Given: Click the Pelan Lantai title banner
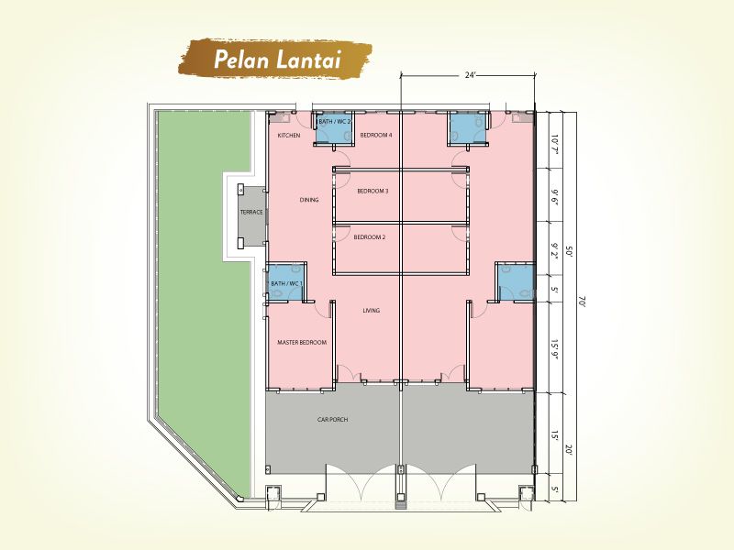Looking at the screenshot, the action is click(x=275, y=59).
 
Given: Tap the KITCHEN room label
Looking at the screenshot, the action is click(x=289, y=136).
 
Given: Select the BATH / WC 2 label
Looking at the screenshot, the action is click(x=334, y=122).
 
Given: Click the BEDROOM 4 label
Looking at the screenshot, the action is click(x=376, y=135).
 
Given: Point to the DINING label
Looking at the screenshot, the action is click(x=309, y=200).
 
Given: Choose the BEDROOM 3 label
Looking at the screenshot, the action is click(x=373, y=191).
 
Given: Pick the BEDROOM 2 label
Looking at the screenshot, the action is click(x=370, y=237).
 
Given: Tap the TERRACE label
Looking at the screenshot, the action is click(x=251, y=213).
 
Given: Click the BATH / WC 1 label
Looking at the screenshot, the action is click(x=286, y=284).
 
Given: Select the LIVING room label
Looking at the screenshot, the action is click(x=372, y=310).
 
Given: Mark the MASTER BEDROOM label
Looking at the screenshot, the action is click(x=302, y=342).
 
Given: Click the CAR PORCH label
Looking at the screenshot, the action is click(x=332, y=420).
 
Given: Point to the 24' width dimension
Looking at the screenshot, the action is click(x=470, y=75).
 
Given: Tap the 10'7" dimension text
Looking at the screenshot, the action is click(x=555, y=145).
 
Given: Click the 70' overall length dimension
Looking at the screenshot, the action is click(x=582, y=302).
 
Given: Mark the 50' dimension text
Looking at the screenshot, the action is click(x=569, y=253).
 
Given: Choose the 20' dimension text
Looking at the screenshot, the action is click(x=569, y=450).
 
